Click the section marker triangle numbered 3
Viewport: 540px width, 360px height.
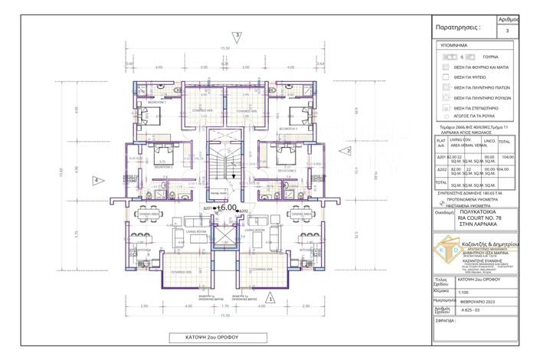tap(238, 35)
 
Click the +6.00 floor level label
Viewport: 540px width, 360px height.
tap(226, 208)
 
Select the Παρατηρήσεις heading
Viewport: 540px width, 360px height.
tap(458, 26)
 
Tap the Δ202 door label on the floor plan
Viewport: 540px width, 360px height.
tap(244, 211)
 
